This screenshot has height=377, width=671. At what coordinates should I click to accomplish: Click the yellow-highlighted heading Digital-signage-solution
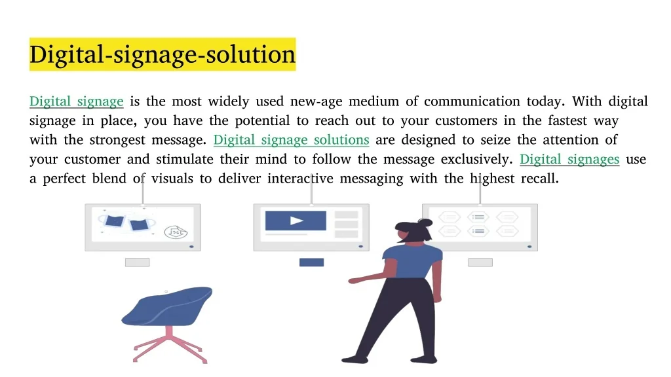click(x=163, y=54)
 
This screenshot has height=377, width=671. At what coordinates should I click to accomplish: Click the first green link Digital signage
click(x=77, y=101)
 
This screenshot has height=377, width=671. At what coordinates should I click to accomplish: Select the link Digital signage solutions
click(x=292, y=140)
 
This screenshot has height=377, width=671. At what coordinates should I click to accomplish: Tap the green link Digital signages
click(x=569, y=160)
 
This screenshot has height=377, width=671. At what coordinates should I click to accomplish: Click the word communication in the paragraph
click(x=472, y=101)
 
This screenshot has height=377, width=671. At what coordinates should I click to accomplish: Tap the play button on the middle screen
click(x=296, y=221)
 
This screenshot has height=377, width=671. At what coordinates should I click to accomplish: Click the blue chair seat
click(x=168, y=306)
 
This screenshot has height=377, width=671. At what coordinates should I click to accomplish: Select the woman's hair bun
click(x=425, y=223)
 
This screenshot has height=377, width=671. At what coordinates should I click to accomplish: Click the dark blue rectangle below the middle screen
click(x=311, y=262)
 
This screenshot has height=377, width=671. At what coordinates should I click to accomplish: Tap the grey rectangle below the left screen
click(x=138, y=262)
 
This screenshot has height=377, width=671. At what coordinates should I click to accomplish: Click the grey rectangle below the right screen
click(x=480, y=262)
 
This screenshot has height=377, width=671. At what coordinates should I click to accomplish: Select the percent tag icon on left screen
click(x=176, y=232)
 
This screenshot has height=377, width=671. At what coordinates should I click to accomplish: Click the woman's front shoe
click(x=355, y=359)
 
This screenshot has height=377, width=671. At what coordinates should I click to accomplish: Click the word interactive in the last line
click(x=300, y=178)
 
